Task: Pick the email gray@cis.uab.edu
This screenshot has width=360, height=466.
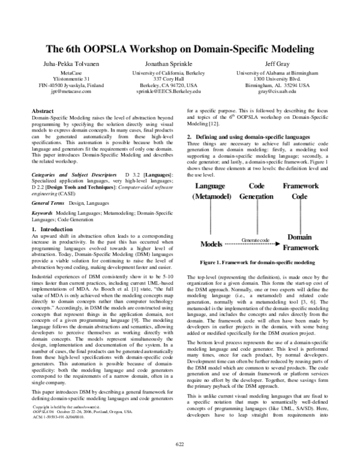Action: pyautogui.click(x=274, y=92)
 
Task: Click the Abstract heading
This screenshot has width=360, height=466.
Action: pyautogui.click(x=42, y=112)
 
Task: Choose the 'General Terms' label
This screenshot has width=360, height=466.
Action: pyautogui.click(x=50, y=204)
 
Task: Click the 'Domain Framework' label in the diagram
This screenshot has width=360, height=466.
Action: pyautogui.click(x=300, y=242)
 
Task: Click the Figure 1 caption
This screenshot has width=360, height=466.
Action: pyautogui.click(x=259, y=263)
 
